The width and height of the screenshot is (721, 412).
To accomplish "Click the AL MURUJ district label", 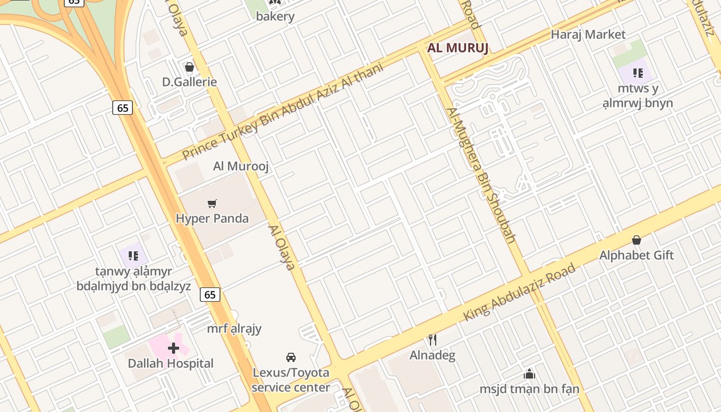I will [x=457, y=48].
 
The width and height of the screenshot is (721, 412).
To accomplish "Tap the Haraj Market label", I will [x=588, y=35].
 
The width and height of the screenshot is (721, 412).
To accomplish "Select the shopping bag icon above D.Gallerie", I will [x=189, y=67].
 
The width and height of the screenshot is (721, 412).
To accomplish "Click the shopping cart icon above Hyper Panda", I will [x=212, y=204].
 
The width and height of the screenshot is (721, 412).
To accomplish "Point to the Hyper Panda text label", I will [x=212, y=218].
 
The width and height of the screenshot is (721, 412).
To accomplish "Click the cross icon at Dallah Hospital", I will [x=174, y=348].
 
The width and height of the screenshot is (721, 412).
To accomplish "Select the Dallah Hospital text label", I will [x=170, y=364].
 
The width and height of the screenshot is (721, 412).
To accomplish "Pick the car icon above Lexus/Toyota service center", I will [x=291, y=357].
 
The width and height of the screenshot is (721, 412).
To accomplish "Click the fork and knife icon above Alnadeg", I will [x=433, y=340].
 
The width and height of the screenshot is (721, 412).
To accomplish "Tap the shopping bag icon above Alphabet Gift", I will [x=637, y=240].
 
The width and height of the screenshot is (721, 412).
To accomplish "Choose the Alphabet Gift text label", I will [x=637, y=255].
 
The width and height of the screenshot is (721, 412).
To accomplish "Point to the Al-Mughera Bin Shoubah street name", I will [x=481, y=175].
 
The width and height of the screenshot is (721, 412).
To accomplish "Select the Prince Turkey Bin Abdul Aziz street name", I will [x=283, y=111].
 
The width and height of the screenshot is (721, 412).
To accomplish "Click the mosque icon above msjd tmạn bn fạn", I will [x=529, y=374].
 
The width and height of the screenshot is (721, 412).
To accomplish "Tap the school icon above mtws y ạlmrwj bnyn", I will [x=638, y=73].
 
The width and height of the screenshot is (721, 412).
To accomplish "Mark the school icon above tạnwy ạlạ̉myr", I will [x=133, y=255].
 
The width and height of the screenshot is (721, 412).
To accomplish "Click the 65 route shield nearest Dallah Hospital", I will [x=210, y=295].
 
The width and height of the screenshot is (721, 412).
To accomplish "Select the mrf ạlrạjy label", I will [x=234, y=329].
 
